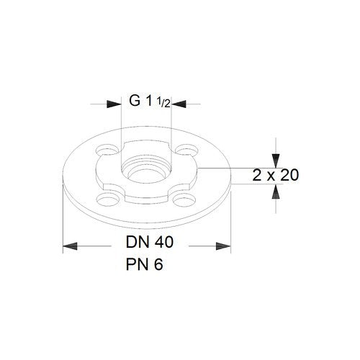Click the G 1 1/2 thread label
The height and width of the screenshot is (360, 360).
(150, 101)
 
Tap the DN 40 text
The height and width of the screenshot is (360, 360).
(150, 242)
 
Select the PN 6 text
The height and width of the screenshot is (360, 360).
(145, 264)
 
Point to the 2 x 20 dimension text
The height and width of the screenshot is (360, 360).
(276, 175)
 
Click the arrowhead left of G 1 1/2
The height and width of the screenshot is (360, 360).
(114, 104)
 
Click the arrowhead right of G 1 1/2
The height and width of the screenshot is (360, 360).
(179, 104)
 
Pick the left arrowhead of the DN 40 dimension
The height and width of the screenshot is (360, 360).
(70, 246)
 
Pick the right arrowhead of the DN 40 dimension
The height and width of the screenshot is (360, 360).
(223, 246)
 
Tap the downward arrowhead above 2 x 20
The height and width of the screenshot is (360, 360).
(276, 161)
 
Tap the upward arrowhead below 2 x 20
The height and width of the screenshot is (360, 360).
(276, 192)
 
